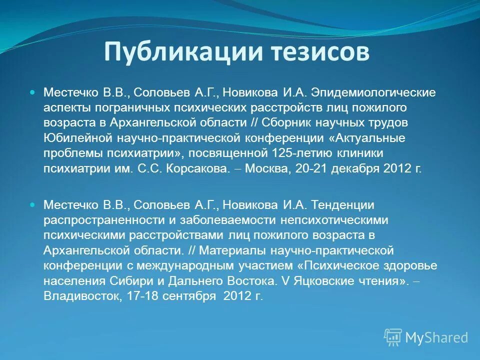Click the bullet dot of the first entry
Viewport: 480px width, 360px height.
point(33,93)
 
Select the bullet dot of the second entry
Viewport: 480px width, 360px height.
point(33,205)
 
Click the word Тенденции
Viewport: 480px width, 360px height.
point(343,205)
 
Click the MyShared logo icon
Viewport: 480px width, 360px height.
point(393,337)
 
